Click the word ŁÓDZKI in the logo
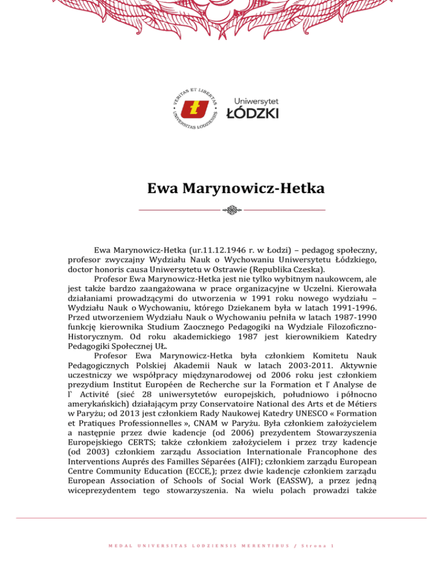(x=251, y=112)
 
